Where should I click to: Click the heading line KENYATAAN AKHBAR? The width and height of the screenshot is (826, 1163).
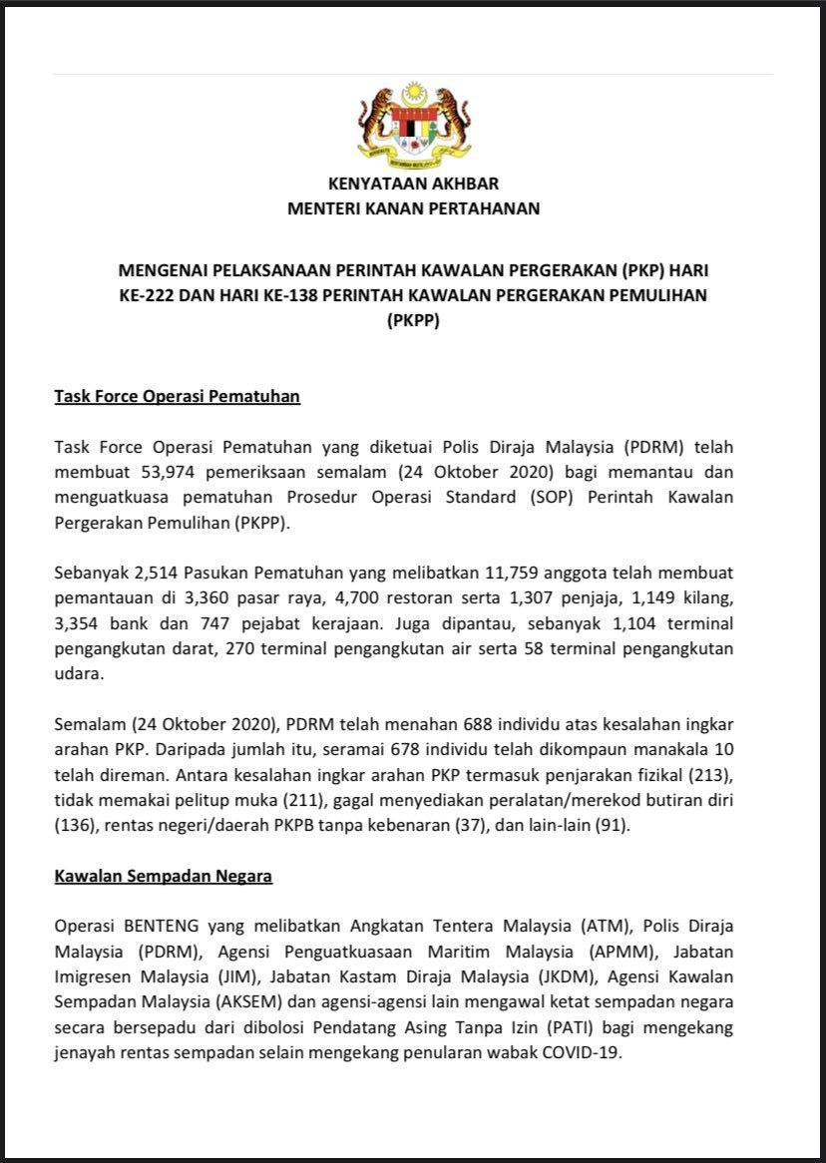tap(413, 184)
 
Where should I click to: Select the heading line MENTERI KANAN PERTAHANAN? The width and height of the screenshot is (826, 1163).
tap(413, 208)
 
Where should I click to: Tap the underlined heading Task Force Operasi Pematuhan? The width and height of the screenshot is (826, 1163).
tap(177, 396)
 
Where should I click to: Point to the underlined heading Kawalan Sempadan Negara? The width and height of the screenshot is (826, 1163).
tap(164, 877)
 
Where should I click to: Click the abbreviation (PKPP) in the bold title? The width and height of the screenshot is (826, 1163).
tap(412, 322)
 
